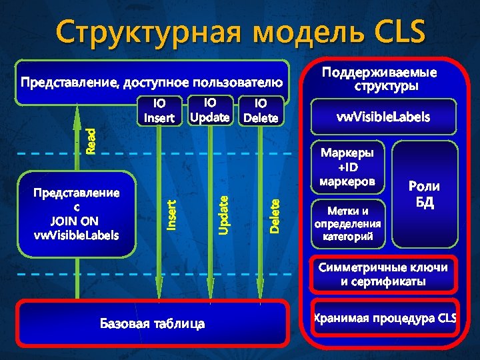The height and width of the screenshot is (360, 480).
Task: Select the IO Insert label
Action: point(159,111)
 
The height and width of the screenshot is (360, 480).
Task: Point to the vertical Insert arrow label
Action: point(171,216)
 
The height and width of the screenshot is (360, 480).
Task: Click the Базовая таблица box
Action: point(153,324)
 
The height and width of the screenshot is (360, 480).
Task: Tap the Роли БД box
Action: point(424,194)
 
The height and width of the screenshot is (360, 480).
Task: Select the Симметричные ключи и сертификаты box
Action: point(383,274)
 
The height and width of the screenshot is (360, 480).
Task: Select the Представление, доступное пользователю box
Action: point(153,83)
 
